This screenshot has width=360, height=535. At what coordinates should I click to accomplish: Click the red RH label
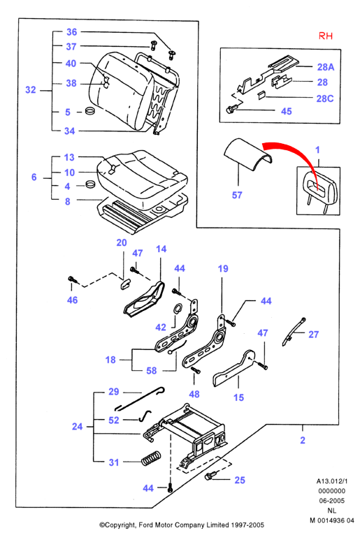(x=325, y=36)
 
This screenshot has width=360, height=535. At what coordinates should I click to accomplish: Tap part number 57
(x=237, y=195)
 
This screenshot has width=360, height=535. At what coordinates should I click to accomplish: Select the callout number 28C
(x=325, y=98)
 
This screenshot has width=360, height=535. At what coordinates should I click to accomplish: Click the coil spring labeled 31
(x=151, y=457)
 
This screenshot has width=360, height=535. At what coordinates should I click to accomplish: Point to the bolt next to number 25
(x=210, y=476)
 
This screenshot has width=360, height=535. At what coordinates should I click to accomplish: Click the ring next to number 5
(x=90, y=111)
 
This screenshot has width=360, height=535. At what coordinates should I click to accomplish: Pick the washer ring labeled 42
(x=178, y=309)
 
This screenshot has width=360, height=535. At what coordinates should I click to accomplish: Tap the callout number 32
(x=30, y=89)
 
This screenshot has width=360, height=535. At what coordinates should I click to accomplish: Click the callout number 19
(x=223, y=268)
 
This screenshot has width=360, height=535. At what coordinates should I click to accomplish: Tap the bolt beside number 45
(x=231, y=109)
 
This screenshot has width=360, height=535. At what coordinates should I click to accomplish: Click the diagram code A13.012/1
(x=331, y=481)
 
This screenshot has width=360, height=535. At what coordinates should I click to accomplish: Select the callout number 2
(x=303, y=440)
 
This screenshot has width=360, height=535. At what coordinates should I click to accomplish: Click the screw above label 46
(x=73, y=279)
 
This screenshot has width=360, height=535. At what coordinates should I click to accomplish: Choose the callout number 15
(x=238, y=397)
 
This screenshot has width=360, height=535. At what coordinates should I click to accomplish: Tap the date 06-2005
(x=331, y=501)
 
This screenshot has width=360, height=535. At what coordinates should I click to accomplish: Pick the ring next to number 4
(x=90, y=184)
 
